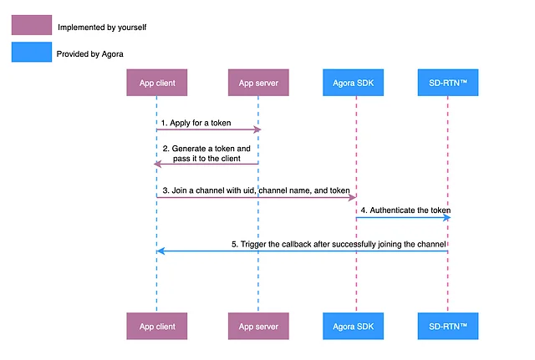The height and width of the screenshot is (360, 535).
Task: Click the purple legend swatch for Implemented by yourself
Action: [30, 26]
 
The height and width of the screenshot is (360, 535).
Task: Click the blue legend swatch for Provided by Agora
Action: [30, 53]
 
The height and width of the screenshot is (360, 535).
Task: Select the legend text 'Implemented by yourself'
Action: [101, 27]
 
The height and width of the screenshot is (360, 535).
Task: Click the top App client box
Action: [156, 83]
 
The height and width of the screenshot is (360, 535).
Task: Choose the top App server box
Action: [258, 83]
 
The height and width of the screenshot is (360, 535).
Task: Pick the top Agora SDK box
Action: [355, 83]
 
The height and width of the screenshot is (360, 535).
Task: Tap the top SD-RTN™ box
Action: [448, 83]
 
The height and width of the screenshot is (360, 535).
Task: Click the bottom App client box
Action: [156, 326]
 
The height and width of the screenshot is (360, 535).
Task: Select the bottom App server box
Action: [258, 326]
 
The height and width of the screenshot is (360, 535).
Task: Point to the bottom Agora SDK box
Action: [355, 326]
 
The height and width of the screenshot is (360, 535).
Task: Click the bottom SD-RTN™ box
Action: [448, 326]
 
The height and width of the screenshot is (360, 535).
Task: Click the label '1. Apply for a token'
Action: [196, 123]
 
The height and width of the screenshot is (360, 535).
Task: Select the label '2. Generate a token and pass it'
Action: [206, 153]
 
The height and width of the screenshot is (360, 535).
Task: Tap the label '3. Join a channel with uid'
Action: [256, 190]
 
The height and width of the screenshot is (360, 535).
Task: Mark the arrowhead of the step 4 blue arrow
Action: [447, 218]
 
